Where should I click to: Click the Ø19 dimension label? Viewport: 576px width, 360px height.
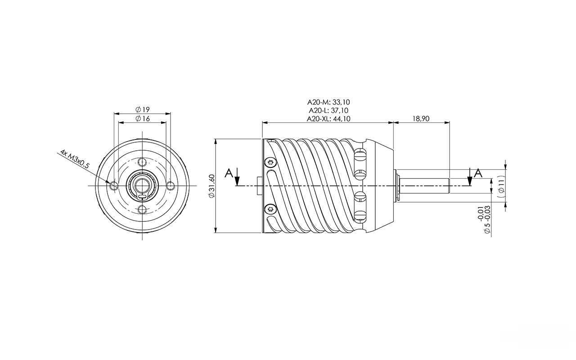(143, 110)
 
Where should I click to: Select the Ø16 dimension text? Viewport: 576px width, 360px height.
(143, 119)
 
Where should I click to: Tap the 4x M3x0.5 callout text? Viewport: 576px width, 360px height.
(75, 158)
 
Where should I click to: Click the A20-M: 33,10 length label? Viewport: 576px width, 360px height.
(328, 102)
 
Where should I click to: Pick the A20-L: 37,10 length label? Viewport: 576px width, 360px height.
(328, 110)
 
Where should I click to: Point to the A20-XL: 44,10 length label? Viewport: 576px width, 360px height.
(328, 118)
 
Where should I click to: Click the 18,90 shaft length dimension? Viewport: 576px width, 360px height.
(421, 118)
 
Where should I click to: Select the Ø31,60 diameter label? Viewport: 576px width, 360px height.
(211, 186)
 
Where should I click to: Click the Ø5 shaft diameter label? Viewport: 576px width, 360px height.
(487, 227)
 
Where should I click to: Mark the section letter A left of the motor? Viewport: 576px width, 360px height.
(229, 173)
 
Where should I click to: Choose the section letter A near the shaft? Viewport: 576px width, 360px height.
(478, 173)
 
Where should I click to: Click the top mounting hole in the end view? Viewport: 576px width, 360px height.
(142, 162)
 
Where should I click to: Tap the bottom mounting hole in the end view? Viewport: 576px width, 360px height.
(142, 210)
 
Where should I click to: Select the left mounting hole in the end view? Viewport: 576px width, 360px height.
(113, 185)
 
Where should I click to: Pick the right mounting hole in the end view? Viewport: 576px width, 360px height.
(171, 185)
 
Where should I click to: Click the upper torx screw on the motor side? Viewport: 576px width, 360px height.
(270, 162)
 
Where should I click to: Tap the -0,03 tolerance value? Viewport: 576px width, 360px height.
(487, 213)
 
